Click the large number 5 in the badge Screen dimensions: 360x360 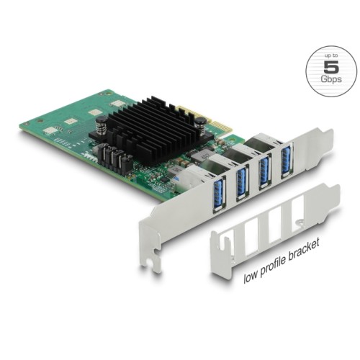330,68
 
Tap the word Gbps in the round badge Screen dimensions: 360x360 330,83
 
